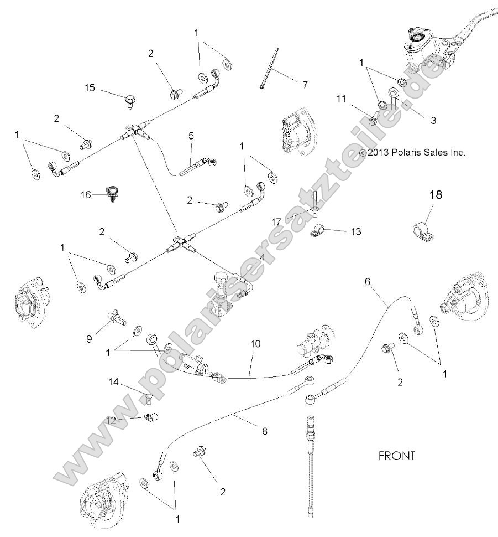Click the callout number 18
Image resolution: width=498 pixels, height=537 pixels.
pos(436,195)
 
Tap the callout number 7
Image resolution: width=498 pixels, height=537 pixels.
pos(304,85)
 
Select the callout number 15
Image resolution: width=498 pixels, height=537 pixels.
pos(90,87)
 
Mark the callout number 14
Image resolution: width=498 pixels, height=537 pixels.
pos(113,381)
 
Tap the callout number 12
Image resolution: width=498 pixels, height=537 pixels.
pos(112,420)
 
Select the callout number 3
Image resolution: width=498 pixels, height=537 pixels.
pos(433,120)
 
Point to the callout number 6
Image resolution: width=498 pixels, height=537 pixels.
pos(367,281)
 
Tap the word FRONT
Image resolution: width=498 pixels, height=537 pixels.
pos(396,456)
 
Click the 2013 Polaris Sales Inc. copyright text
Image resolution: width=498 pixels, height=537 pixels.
pos(412,152)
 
